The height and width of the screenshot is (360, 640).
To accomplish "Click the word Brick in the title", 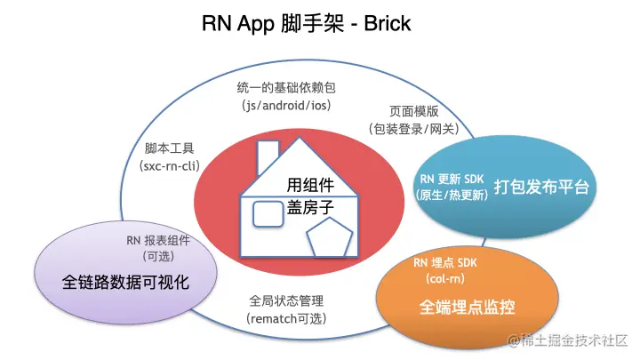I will coord(385,23).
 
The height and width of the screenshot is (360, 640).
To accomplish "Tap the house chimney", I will coord(267,158).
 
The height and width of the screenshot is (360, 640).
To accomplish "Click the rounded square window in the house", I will coord(268,214).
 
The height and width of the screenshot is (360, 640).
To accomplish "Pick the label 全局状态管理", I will coord(286,300).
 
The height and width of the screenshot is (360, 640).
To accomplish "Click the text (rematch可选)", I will coord(286,317).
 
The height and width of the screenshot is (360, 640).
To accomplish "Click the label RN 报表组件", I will coord(158,240).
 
